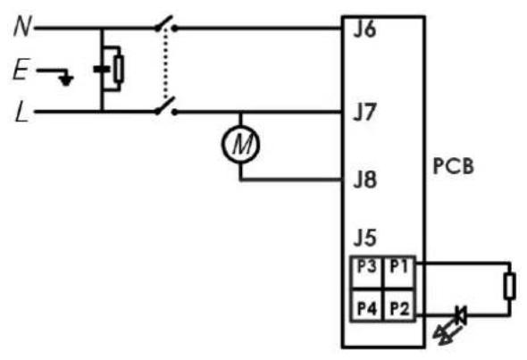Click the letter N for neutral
[x=22, y=27]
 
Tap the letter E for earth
[x=21, y=70]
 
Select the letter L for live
[x=21, y=112]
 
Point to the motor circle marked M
[x=240, y=144]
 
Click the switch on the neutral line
[x=165, y=24]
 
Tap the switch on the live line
[x=165, y=106]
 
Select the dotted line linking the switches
[x=164, y=63]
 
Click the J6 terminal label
[x=364, y=29]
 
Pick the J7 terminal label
[x=364, y=112]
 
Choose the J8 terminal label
[x=365, y=180]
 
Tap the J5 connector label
[x=365, y=238]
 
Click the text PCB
[x=454, y=166]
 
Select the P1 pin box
[x=399, y=272]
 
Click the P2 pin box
[x=399, y=306]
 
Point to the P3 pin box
[x=367, y=272]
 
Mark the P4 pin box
[x=367, y=306]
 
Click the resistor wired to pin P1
[x=510, y=286]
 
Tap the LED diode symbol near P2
[x=460, y=315]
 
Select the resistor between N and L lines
[x=118, y=69]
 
